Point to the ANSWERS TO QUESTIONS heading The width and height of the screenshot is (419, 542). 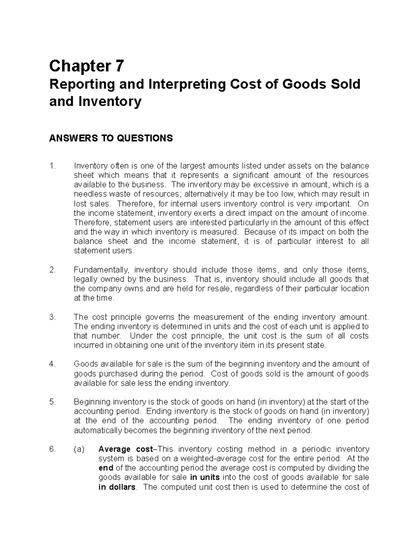pyautogui.click(x=111, y=139)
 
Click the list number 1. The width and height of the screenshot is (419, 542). pyautogui.click(x=52, y=166)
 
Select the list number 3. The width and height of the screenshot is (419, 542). pyautogui.click(x=52, y=317)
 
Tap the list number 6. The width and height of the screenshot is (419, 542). pyautogui.click(x=52, y=449)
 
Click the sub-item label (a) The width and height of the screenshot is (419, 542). pyautogui.click(x=79, y=449)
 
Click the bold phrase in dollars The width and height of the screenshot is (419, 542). pyautogui.click(x=117, y=487)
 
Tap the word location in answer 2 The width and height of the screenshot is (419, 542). pyautogui.click(x=355, y=289)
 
